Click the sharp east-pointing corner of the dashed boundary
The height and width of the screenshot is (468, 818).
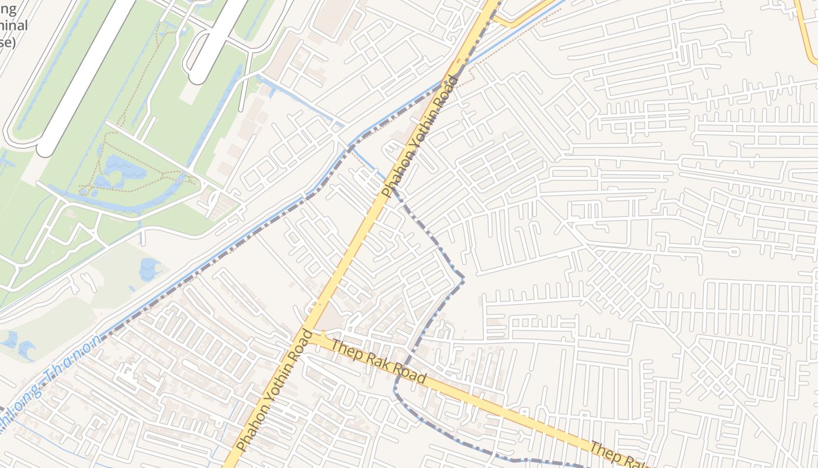464,280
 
